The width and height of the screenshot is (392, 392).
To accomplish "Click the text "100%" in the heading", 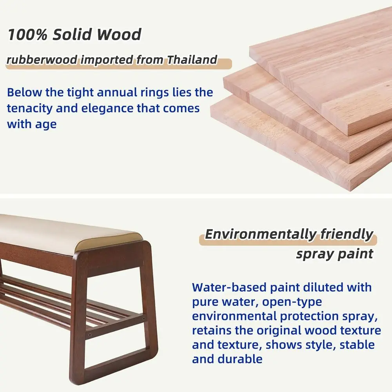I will coord(27,34).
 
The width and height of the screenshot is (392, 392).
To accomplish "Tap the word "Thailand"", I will coord(192,60).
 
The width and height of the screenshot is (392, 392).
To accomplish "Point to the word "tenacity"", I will coord(30,108).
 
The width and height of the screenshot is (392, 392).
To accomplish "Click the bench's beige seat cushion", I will coord(67,233).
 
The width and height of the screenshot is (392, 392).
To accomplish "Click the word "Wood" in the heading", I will coord(119,34).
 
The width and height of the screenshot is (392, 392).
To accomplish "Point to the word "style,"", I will coord(318,345).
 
